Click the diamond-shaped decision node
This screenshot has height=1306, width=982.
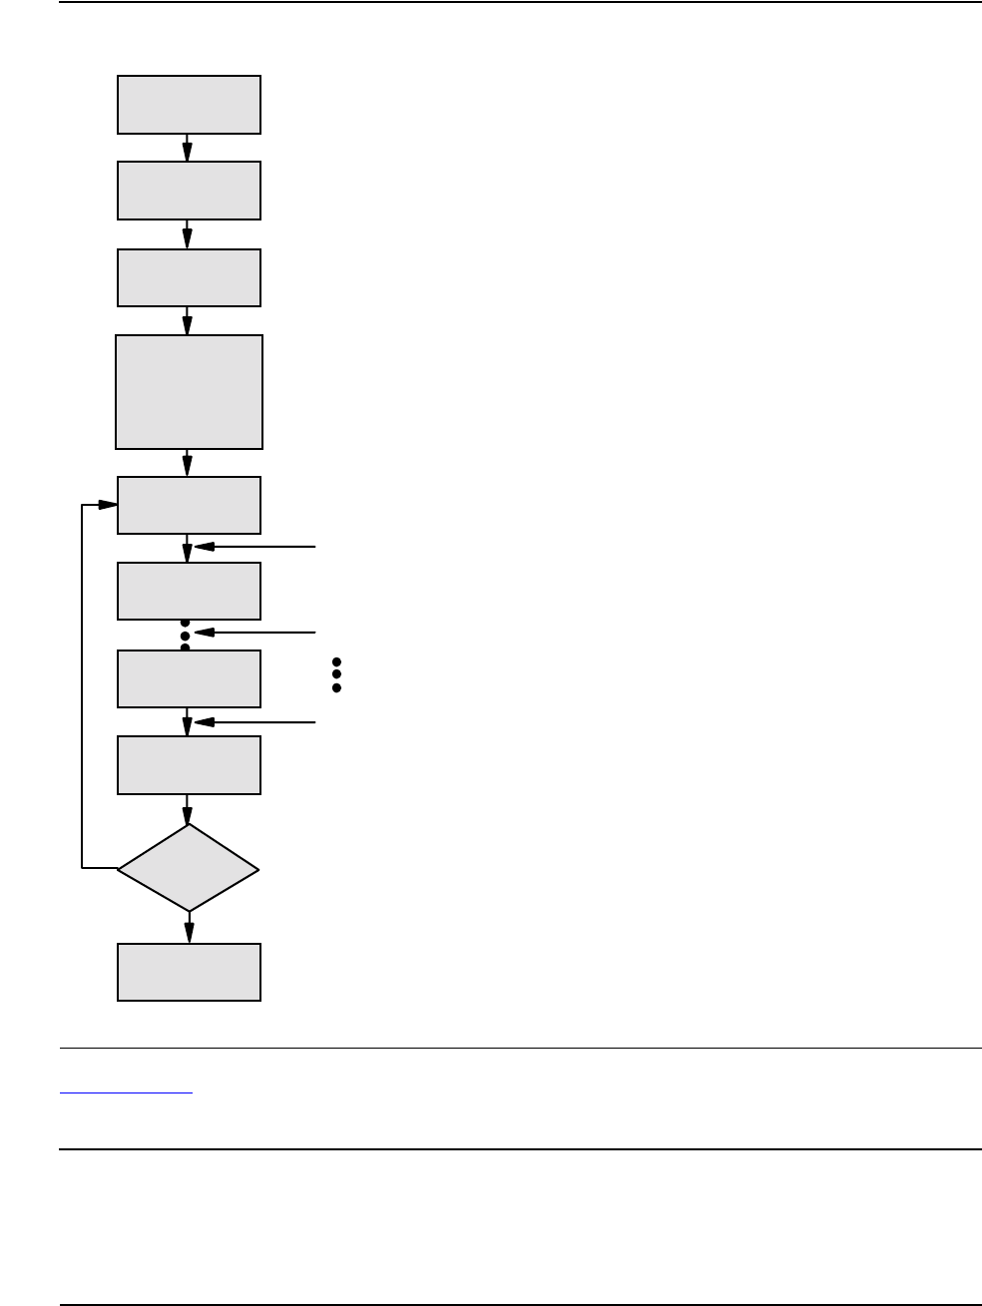[189, 868]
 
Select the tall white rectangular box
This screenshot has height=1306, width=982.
[189, 392]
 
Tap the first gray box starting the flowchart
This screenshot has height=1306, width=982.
[189, 105]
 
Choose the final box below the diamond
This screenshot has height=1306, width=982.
[189, 972]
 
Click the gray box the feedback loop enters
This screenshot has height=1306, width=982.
[189, 505]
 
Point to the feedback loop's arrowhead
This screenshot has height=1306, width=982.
[109, 505]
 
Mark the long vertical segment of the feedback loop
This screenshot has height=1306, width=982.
[82, 688]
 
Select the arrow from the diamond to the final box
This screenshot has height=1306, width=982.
[188, 927]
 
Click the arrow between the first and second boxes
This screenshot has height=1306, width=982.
[188, 148]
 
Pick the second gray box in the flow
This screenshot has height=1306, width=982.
[189, 191]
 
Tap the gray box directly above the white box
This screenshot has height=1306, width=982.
[189, 277]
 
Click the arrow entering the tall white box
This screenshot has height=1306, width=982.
[188, 320]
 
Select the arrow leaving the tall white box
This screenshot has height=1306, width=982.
[188, 462]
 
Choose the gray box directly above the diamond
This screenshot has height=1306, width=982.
[189, 765]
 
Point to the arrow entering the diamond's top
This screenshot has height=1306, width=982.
[188, 808]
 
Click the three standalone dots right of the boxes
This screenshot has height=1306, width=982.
[336, 674]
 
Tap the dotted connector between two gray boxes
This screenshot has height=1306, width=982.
[185, 635]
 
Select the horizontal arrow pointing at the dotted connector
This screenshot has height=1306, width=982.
[255, 633]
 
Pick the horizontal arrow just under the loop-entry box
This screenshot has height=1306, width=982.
[255, 547]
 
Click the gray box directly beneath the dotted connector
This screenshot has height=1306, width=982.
[189, 678]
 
